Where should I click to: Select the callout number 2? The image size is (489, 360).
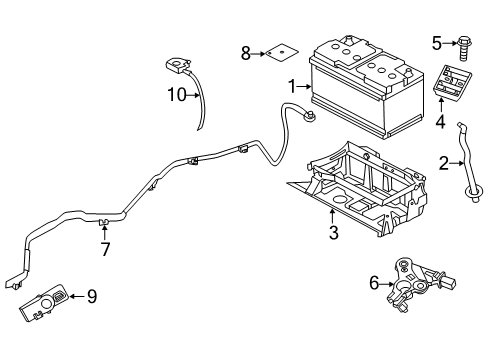(443, 161)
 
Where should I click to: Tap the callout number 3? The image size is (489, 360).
(335, 233)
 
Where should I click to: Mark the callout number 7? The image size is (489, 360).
(103, 248)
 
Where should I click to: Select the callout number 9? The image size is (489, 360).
(91, 295)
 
